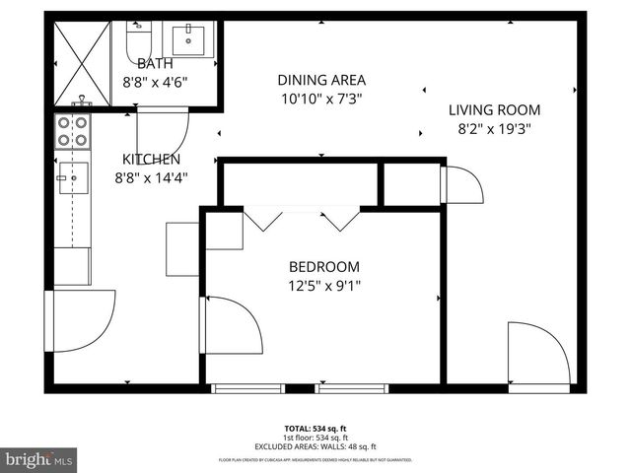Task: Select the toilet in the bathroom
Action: pos(138,40)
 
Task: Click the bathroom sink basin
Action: pos(190,40)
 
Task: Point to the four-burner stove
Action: pos(73,132)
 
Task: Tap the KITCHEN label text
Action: pos(151,160)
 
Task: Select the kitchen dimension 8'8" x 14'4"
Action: pos(151,177)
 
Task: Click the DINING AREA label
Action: pos(321,81)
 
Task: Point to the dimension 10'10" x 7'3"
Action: pos(321,99)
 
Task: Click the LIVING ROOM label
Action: pos(495,110)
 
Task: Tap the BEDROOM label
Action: pos(323,267)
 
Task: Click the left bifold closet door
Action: pos(263,220)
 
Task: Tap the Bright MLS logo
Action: pos(39,458)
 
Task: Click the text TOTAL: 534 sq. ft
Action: pos(315,429)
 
